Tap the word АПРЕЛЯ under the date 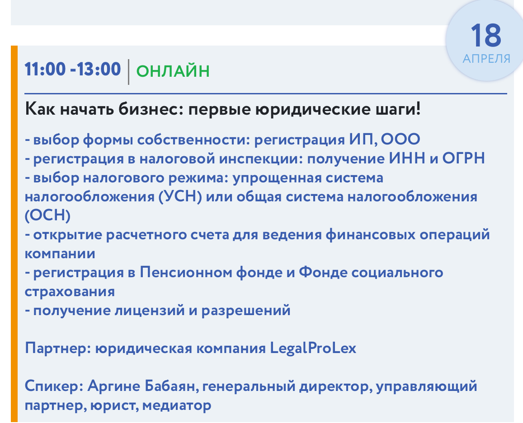486,59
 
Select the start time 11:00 45,69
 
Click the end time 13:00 99,69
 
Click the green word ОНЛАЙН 173,71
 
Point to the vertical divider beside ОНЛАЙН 128,72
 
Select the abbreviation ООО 400,139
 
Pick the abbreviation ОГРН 463,158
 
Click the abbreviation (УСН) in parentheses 180,196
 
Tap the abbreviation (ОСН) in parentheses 48,215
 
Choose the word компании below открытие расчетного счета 60,254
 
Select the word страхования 70,292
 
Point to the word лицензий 150,311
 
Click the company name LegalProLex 313,349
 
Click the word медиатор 177,406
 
